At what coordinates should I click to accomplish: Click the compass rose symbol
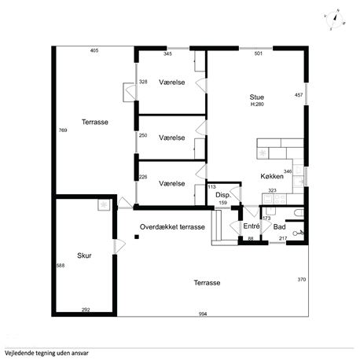pyautogui.click(x=335, y=20)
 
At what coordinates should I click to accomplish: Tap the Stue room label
pyautogui.click(x=257, y=97)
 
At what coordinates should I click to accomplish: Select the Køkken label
pyautogui.click(x=272, y=176)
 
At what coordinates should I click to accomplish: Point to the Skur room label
pyautogui.click(x=84, y=255)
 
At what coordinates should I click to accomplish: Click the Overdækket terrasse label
pyautogui.click(x=172, y=227)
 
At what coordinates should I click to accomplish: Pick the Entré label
pyautogui.click(x=252, y=226)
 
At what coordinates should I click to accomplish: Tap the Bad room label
pyautogui.click(x=279, y=227)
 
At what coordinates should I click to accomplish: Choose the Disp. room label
pyautogui.click(x=223, y=195)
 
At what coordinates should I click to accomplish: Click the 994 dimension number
pyautogui.click(x=203, y=314)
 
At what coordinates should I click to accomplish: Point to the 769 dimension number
pyautogui.click(x=63, y=130)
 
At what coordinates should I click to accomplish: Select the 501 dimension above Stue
pyautogui.click(x=259, y=53)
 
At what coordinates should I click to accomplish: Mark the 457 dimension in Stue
pyautogui.click(x=299, y=95)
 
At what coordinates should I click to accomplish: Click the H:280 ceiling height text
pyautogui.click(x=257, y=105)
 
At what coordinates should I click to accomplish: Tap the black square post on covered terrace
pyautogui.click(x=137, y=237)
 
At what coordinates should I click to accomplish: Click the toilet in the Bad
pyautogui.click(x=299, y=212)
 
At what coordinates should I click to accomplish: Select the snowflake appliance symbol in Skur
pyautogui.click(x=104, y=204)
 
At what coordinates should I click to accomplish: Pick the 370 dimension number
pyautogui.click(x=302, y=280)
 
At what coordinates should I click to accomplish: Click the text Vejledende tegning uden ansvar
pyautogui.click(x=46, y=353)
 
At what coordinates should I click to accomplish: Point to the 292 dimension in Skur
pyautogui.click(x=86, y=310)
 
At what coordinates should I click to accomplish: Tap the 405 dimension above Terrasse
pyautogui.click(x=94, y=50)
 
